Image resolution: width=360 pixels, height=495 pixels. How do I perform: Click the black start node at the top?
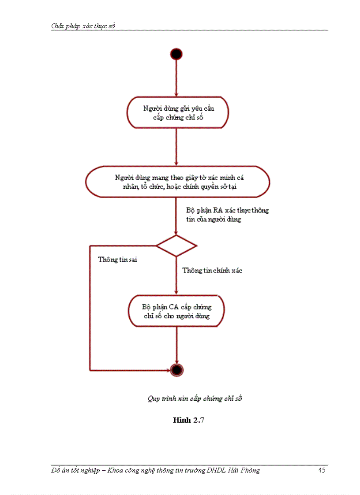[x=176, y=54]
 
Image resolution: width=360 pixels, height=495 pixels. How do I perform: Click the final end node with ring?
[x=177, y=369]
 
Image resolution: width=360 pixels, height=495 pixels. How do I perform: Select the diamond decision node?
[x=176, y=246]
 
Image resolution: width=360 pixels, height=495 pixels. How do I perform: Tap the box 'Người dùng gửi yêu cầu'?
[x=178, y=113]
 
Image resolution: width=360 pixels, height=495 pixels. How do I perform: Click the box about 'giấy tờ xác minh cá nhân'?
[x=177, y=182]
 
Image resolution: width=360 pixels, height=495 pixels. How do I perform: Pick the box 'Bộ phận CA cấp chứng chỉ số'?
[x=176, y=311]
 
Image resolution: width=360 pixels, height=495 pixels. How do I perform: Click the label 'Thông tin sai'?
[x=117, y=260]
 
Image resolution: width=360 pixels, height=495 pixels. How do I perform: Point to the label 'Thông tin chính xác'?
[x=212, y=271]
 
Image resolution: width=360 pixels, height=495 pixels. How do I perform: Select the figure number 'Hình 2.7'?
[x=188, y=420]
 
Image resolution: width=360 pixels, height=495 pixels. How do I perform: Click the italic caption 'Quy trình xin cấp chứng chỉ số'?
[x=195, y=398]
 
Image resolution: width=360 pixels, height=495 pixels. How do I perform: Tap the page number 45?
[x=322, y=470]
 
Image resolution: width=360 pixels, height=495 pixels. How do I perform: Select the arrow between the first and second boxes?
[x=176, y=147]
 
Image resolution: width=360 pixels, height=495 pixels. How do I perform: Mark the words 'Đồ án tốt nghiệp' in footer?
[x=74, y=470]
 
